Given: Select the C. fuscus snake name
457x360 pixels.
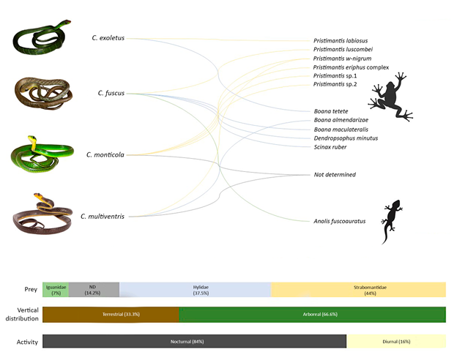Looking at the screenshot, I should pos(111,93).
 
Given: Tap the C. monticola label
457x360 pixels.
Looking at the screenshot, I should pos(104,154).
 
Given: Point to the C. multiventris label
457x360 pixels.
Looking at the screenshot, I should pos(103,216).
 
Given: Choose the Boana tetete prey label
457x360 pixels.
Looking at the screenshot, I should pos(330,110).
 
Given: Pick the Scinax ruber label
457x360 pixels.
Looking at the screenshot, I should pos(330,147).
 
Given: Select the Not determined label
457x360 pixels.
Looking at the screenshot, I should pos(335,175).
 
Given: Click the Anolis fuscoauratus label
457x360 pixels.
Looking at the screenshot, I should pos(339,220).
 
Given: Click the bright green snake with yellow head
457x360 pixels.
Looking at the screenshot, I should pos(41,154).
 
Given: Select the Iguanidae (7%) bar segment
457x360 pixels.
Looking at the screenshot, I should pos(56,290).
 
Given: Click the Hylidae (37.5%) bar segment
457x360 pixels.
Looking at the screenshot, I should pos(195,290).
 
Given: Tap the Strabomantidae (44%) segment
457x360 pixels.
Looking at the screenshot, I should pos(358,290).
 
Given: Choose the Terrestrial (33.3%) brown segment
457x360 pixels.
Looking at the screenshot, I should pos(111,315).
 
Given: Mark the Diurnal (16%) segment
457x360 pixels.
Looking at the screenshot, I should pos(395,341).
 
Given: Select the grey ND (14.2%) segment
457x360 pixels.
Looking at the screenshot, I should pos(94,290).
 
